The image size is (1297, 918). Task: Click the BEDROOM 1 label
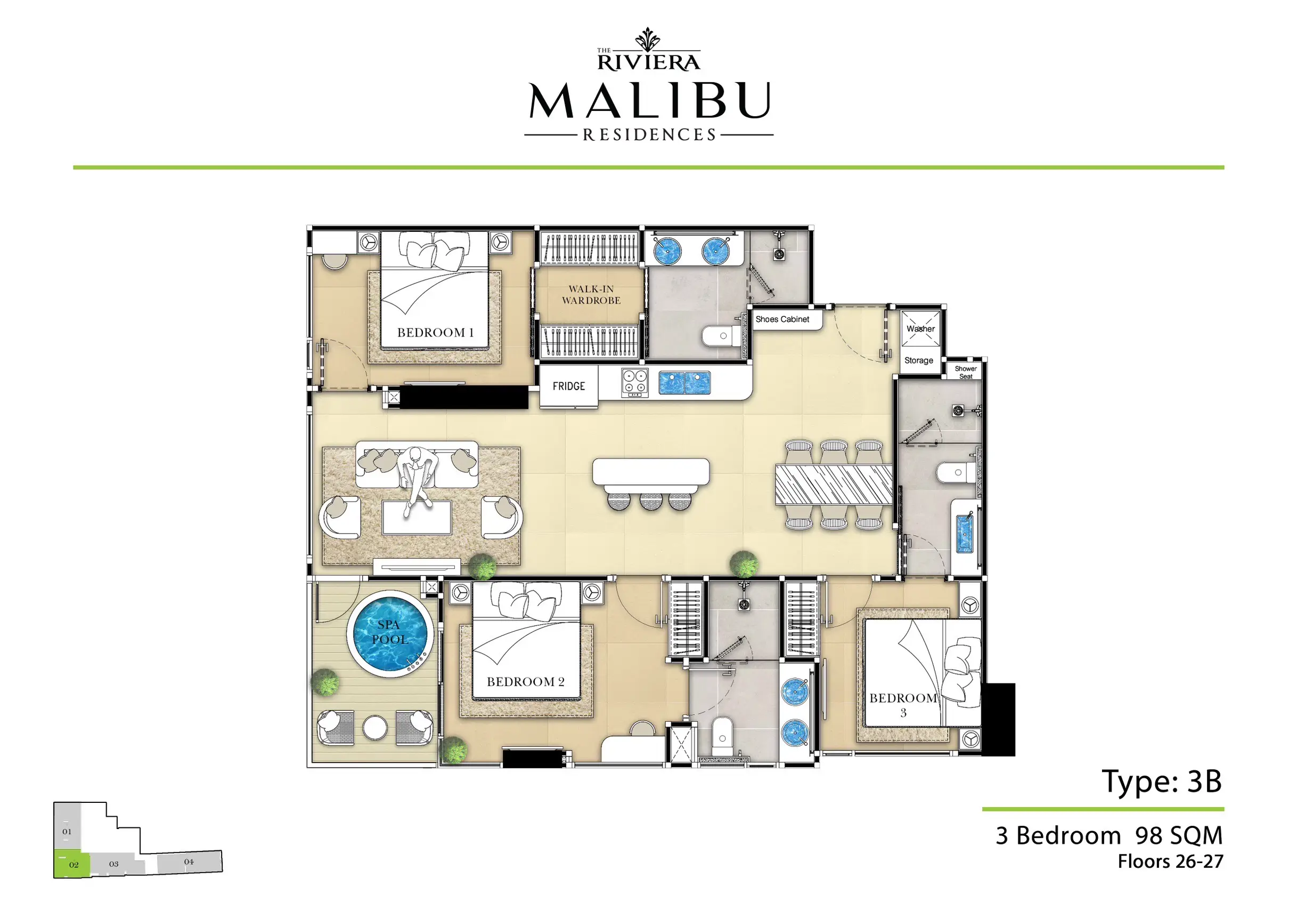435,332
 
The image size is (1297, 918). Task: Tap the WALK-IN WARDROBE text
591,294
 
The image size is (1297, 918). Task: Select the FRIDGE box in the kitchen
568,386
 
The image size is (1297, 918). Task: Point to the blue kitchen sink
684,383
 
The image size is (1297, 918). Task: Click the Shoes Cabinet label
782,319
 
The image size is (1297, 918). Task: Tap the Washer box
920,328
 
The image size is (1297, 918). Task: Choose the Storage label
918,360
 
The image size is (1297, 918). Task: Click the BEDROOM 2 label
525,682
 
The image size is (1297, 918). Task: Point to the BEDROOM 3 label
903,704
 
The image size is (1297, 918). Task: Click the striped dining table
833,484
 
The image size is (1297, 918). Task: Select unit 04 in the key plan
189,862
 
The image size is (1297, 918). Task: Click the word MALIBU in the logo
650,101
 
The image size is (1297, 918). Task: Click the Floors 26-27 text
1170,861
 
